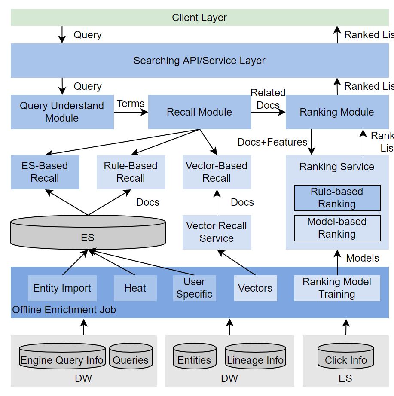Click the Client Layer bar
click(199, 18)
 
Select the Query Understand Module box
click(62, 112)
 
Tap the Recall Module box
click(199, 112)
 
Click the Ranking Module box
click(337, 112)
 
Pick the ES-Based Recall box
click(45, 172)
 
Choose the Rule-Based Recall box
click(131, 172)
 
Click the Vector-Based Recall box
click(217, 172)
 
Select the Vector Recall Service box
click(217, 232)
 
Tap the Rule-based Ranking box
click(337, 198)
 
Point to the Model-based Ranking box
click(337, 228)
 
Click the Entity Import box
click(62, 288)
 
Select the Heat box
click(135, 288)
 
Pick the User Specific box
click(194, 288)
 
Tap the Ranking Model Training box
click(337, 288)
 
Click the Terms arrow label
click(131, 104)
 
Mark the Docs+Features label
click(272, 142)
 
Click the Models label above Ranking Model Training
click(363, 258)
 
